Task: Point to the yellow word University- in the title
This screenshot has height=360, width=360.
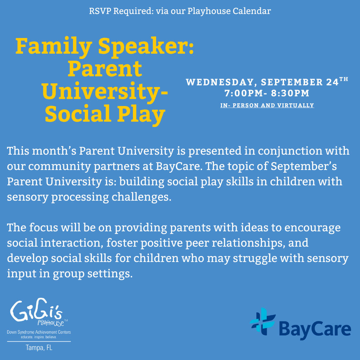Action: click(105, 91)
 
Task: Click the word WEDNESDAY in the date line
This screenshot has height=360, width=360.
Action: click(221, 82)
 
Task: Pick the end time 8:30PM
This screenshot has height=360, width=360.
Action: click(290, 93)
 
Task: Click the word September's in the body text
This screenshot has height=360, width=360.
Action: click(310, 166)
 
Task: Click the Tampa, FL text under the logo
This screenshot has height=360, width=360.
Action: click(39, 348)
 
